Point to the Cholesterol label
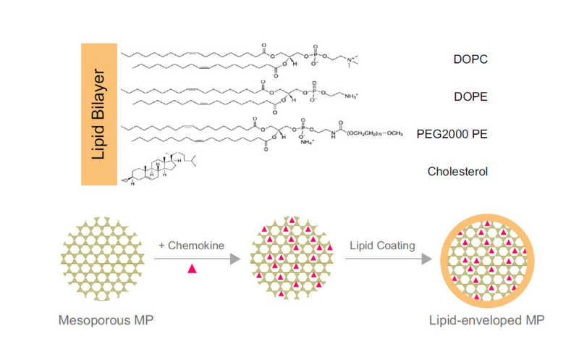click(457, 172)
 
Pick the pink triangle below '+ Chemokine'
click(192, 269)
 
